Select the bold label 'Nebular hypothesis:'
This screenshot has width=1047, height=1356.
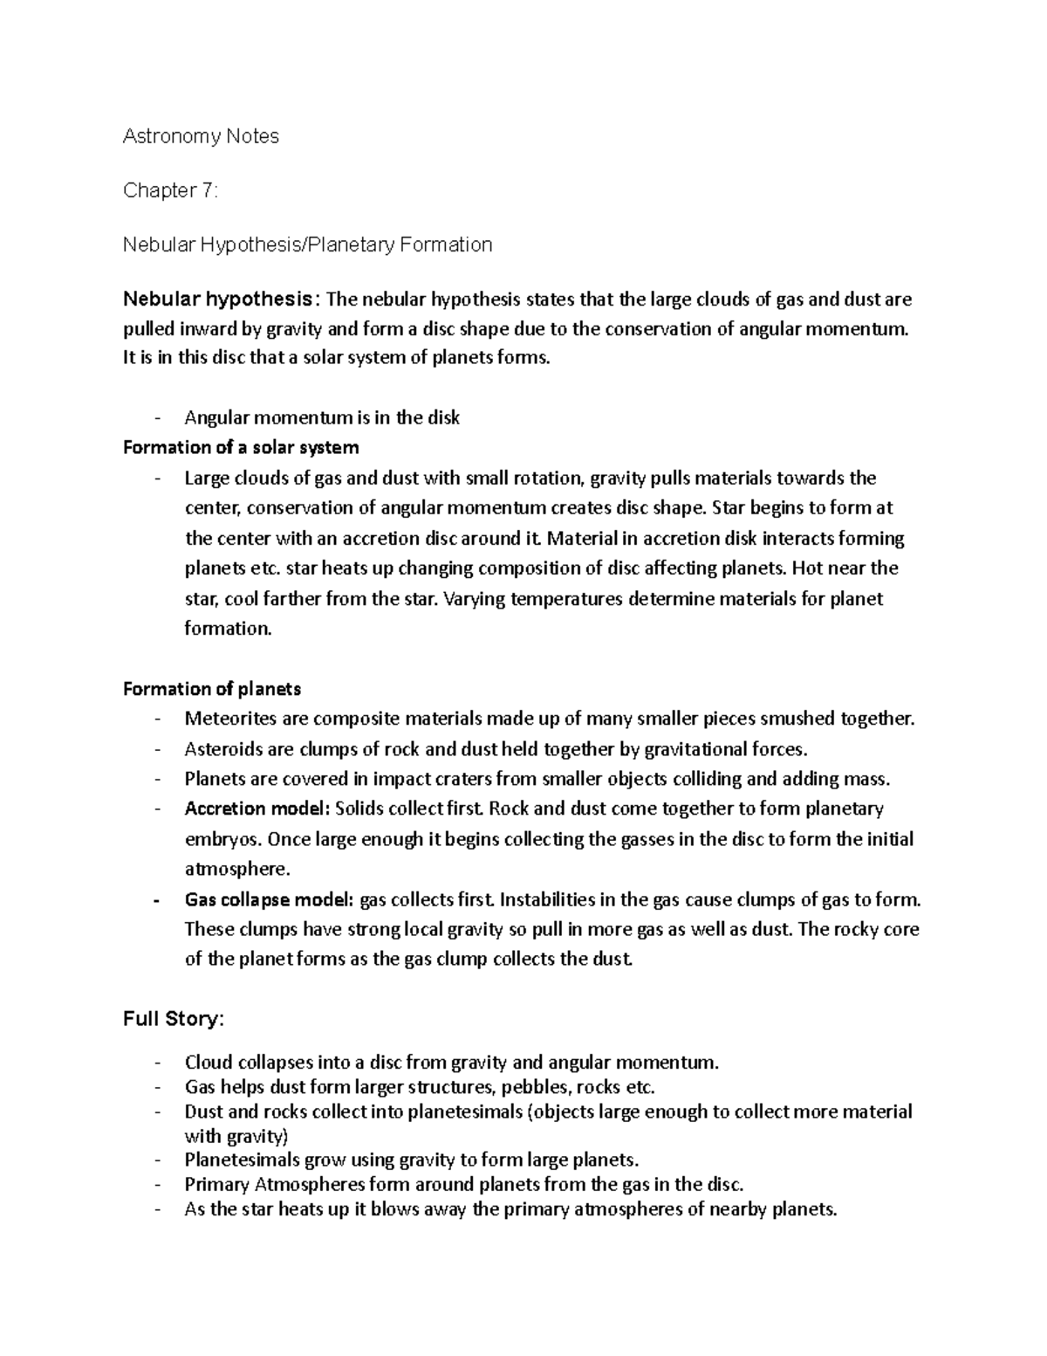pos(222,299)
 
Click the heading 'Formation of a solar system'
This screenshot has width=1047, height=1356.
pos(241,448)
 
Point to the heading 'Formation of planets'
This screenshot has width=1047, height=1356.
pos(212,689)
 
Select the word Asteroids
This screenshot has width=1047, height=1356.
pos(222,749)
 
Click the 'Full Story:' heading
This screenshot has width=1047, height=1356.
pos(174,1019)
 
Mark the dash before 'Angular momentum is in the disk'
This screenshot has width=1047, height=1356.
pos(157,418)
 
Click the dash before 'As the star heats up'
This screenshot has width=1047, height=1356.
pos(157,1210)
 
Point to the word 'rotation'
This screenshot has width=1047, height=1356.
pos(548,478)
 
